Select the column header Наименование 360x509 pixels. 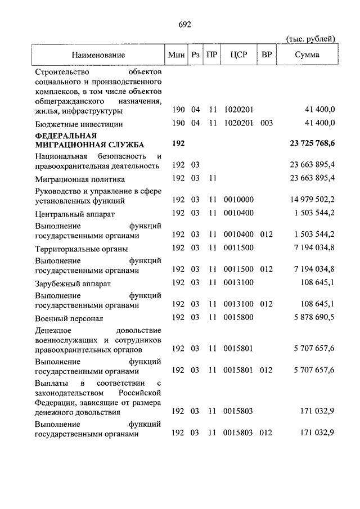98,55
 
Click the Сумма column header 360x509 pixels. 307,55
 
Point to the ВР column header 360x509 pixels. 266,55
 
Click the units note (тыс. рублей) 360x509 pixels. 311,38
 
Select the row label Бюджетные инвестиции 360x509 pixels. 78,124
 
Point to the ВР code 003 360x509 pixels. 267,123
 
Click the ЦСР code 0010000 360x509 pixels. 238,200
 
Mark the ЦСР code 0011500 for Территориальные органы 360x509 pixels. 238,248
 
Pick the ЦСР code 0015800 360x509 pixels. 238,318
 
